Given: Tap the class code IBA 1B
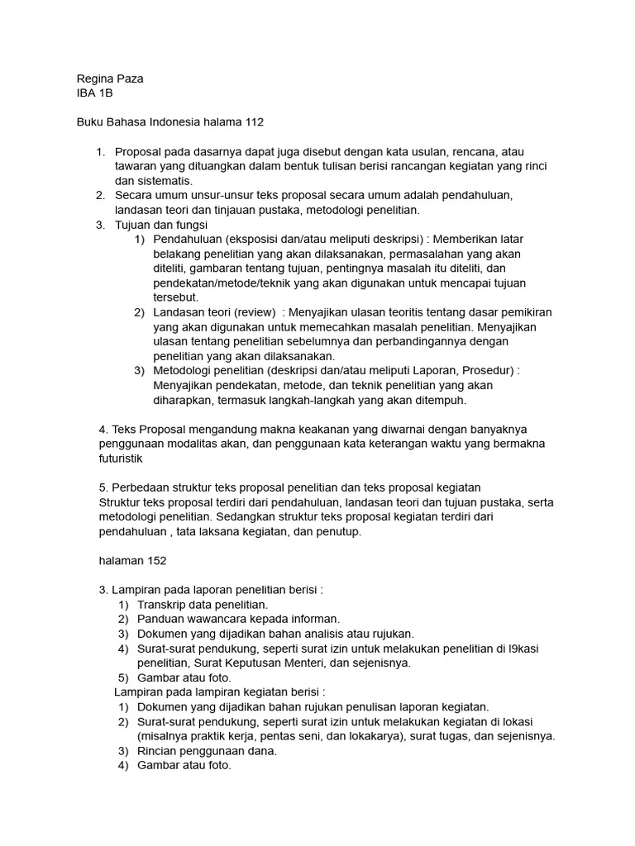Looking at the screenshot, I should click(94, 93).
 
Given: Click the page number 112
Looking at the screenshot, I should click(254, 122).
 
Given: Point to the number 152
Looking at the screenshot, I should click(157, 560).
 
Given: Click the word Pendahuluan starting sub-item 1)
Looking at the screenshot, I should click(189, 239).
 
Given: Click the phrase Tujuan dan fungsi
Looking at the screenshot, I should click(162, 224).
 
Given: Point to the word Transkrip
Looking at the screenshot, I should click(164, 604).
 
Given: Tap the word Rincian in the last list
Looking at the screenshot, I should click(159, 751).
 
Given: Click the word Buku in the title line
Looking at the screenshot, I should click(89, 122).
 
